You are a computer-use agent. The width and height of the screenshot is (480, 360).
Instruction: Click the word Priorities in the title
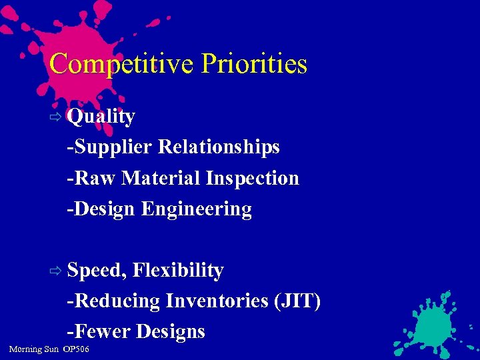(254, 64)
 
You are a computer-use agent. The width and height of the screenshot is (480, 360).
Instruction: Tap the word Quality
(101, 117)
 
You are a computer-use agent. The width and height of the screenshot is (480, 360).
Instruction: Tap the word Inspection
(253, 178)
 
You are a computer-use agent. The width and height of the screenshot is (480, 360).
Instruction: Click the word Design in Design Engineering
(104, 209)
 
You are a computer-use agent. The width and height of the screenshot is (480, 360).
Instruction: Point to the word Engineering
(197, 209)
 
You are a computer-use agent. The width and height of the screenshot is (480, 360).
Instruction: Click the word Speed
(97, 271)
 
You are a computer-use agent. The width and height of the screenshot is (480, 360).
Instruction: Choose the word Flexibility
(178, 271)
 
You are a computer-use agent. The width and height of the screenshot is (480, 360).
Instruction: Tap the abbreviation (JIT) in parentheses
(297, 301)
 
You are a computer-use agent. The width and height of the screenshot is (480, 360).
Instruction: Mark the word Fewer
(101, 332)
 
